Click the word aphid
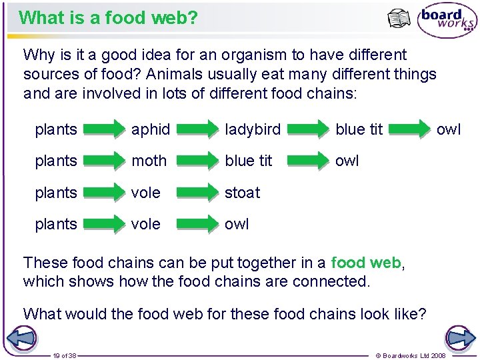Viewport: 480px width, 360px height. (150, 129)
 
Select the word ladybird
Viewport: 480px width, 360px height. (253, 129)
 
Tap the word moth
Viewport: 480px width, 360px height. (149, 161)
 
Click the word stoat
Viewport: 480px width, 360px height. (242, 193)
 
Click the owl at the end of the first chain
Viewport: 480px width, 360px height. (448, 129)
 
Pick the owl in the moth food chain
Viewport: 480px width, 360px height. (347, 161)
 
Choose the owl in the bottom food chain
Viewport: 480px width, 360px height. (237, 224)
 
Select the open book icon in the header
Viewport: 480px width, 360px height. (399, 19)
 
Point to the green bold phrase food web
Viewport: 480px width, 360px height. (366, 263)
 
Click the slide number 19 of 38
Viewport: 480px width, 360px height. (65, 355)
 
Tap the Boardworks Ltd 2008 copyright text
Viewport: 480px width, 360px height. (411, 355)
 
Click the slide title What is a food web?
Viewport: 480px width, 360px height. (109, 17)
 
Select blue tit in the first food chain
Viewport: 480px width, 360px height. (359, 129)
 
